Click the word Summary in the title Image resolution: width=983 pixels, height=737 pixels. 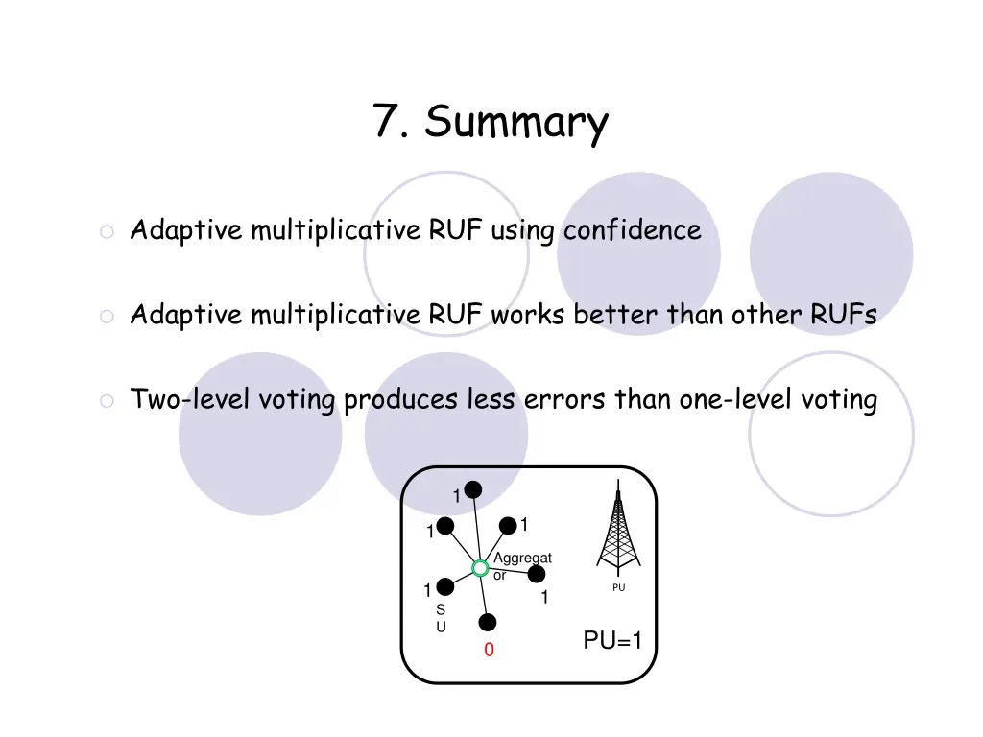[516, 123]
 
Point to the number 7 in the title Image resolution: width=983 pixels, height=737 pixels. [387, 122]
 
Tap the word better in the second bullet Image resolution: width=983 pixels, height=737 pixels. [616, 315]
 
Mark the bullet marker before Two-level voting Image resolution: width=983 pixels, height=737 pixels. [107, 401]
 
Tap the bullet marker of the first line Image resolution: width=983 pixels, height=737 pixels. [107, 232]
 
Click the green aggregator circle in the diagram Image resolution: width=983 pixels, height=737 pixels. [480, 568]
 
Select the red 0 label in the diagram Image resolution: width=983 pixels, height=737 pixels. [489, 652]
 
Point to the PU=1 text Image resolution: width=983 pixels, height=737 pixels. [612, 641]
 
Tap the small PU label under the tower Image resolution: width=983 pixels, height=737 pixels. [618, 587]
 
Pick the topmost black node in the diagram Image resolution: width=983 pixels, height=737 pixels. [473, 489]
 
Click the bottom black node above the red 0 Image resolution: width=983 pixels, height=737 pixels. [488, 622]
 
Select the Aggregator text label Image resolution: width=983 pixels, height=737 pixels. [521, 566]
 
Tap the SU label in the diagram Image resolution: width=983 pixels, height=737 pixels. [441, 618]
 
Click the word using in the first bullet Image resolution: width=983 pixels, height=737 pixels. [523, 230]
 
